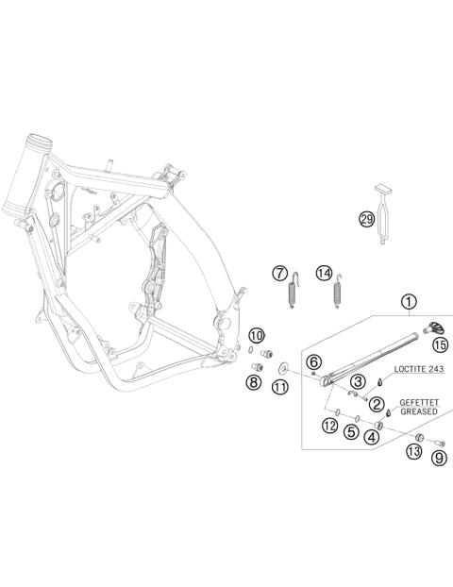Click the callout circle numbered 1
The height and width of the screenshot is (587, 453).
tap(409, 303)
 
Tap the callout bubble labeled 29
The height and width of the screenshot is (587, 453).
tap(365, 220)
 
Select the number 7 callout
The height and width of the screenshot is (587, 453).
tap(279, 273)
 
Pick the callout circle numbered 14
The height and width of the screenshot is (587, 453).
tap(325, 273)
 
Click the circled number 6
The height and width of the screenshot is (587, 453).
tap(314, 361)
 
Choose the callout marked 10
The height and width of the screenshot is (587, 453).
tap(257, 335)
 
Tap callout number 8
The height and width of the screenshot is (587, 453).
tap(253, 382)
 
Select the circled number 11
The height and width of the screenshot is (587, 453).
tap(279, 387)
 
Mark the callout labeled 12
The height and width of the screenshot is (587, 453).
tap(328, 426)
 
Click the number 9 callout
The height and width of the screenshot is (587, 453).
tap(438, 459)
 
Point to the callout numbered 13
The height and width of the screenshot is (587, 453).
tap(413, 452)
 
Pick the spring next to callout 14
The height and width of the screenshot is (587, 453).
tap(337, 291)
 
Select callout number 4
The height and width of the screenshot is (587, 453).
tap(373, 436)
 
